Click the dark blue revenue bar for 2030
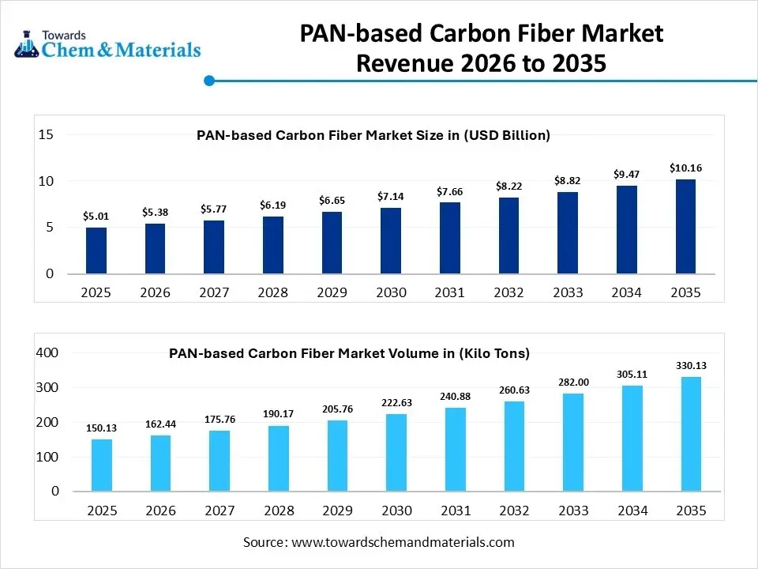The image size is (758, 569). click(x=391, y=241)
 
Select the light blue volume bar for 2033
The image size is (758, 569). click(x=573, y=442)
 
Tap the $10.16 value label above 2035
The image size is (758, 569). click(x=685, y=168)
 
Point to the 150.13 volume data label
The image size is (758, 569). click(x=102, y=428)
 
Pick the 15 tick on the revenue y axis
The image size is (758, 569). click(x=46, y=135)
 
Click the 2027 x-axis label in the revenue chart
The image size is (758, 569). click(x=214, y=292)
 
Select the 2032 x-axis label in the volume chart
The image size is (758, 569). click(x=515, y=511)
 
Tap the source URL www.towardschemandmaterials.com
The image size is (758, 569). click(x=403, y=542)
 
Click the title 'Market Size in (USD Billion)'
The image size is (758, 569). click(x=373, y=135)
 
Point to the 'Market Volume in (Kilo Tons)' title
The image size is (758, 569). click(x=349, y=353)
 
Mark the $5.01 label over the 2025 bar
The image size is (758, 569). click(x=96, y=216)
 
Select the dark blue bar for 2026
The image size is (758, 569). click(x=155, y=249)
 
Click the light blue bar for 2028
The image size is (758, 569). click(x=278, y=458)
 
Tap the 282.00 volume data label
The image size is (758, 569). click(x=573, y=382)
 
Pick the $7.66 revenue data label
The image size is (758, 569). click(x=450, y=191)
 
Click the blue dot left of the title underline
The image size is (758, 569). click(x=209, y=81)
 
